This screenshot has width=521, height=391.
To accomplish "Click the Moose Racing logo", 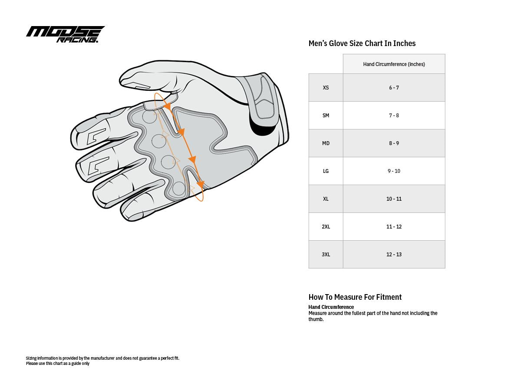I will [x=65, y=34].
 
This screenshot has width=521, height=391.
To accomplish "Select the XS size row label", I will [x=326, y=88].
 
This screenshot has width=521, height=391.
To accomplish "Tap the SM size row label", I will [x=326, y=116].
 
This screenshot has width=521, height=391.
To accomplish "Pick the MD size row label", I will [x=326, y=143].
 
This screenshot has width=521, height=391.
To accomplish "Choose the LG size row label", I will [x=326, y=171].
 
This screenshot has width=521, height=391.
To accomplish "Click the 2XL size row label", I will [x=326, y=227].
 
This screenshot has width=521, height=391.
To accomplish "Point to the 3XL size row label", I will [x=326, y=255].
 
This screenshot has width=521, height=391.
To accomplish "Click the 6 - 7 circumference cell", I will [x=394, y=88].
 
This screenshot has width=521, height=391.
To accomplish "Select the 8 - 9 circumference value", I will [x=394, y=143].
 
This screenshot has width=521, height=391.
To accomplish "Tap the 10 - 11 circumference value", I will [x=394, y=199].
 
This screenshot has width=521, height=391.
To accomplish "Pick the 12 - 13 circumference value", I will [x=394, y=255].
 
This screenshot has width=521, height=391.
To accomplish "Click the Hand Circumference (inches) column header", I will [x=394, y=64].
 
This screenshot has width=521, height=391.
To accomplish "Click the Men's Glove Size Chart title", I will [x=362, y=43].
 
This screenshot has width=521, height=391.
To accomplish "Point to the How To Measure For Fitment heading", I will [x=355, y=297].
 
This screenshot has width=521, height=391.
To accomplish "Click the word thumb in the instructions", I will [x=316, y=319].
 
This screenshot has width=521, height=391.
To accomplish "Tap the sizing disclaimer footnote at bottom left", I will [x=102, y=361].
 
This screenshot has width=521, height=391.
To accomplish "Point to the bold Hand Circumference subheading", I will [x=331, y=307].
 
